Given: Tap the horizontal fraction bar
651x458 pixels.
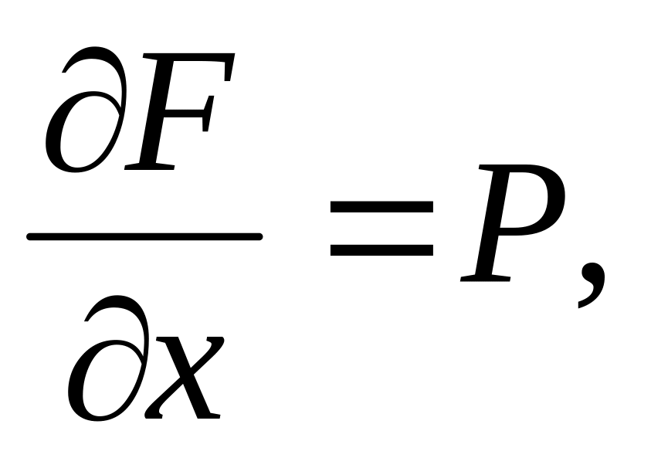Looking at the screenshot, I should [144, 236].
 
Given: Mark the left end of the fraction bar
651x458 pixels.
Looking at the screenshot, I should [31, 236].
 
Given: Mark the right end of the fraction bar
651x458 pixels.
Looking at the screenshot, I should [258, 236].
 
